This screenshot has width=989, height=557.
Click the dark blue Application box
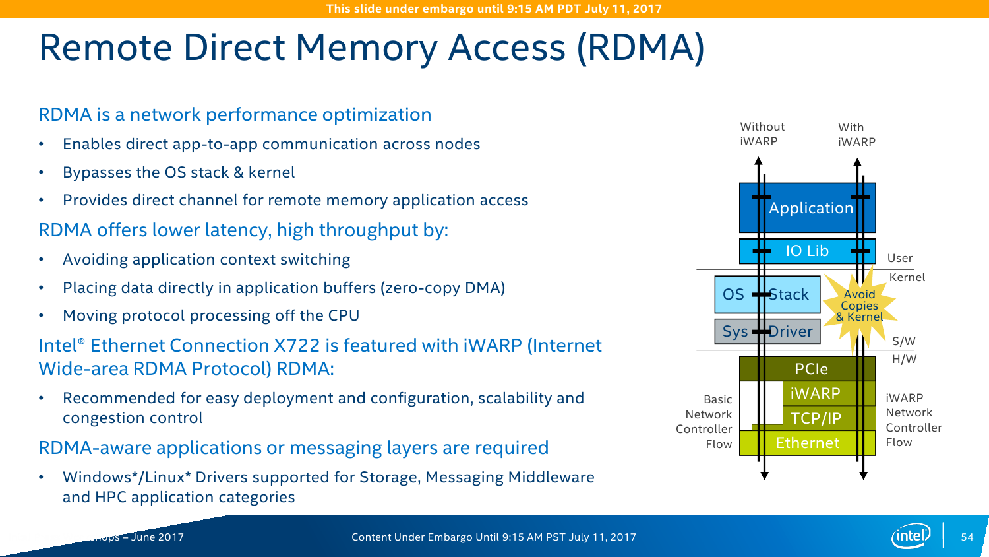point(808,208)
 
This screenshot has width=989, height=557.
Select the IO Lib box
point(807,251)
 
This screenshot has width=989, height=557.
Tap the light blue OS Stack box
point(767,294)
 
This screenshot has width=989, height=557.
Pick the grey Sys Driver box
point(767,331)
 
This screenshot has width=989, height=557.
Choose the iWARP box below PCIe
point(816,393)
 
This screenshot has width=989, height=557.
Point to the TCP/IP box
point(816,418)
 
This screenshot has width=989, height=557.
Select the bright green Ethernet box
point(808,443)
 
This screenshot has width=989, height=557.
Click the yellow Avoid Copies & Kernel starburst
point(860,306)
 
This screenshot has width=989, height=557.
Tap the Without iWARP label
point(762,134)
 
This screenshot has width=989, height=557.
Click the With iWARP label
point(856,135)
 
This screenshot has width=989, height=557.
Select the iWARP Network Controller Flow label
point(913,420)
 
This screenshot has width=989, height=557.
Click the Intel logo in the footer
point(911,536)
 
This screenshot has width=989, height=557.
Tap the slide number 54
point(967,537)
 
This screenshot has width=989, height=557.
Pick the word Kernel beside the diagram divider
point(907,277)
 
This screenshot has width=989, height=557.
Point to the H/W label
point(904,359)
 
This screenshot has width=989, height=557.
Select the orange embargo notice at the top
point(494,9)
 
